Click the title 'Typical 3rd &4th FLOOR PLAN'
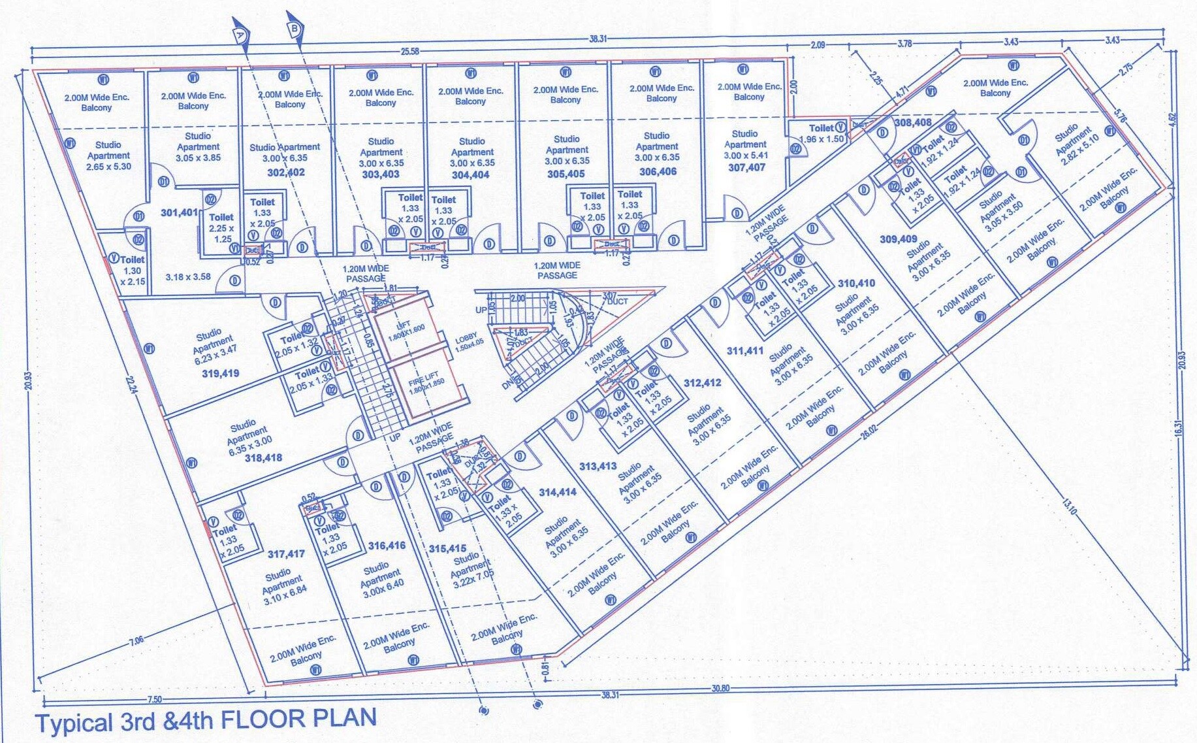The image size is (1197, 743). pyautogui.click(x=205, y=720)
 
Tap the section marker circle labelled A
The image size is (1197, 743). pyautogui.click(x=240, y=32)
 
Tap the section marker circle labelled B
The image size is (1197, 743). pyautogui.click(x=294, y=27)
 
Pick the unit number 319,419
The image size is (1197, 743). pyautogui.click(x=220, y=374)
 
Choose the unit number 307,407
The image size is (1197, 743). pyautogui.click(x=746, y=167)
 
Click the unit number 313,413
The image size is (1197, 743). pyautogui.click(x=598, y=466)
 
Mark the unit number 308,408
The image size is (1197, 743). pyautogui.click(x=912, y=122)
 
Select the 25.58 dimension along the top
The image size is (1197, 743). pyautogui.click(x=409, y=52)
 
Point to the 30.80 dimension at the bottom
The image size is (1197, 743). pyautogui.click(x=720, y=688)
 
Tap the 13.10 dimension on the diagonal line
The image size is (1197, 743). pyautogui.click(x=1069, y=506)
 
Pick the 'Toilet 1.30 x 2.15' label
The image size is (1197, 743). pyautogui.click(x=132, y=270)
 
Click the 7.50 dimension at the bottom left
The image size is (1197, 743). pyautogui.click(x=154, y=700)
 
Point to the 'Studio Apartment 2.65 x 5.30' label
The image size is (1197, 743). pyautogui.click(x=108, y=156)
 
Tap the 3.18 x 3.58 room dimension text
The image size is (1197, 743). pyautogui.click(x=187, y=277)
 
